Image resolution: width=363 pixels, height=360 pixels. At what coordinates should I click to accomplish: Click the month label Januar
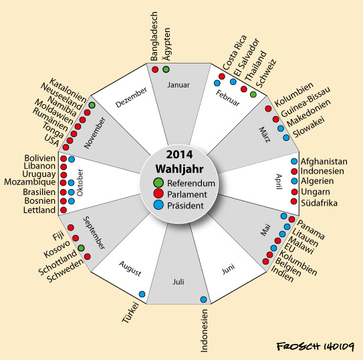tap(178, 85)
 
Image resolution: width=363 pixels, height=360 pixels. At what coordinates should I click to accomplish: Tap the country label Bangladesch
tap(154, 36)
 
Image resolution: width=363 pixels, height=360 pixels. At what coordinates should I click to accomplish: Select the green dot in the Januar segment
tap(166, 69)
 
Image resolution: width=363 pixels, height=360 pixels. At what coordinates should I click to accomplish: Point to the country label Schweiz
tap(266, 73)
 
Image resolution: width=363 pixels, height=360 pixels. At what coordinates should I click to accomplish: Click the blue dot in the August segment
tap(142, 294)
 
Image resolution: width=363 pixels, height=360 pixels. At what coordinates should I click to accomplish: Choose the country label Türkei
tap(130, 312)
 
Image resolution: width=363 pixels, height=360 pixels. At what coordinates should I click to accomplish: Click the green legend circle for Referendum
tap(158, 182)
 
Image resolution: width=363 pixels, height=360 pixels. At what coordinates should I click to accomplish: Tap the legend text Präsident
tap(185, 206)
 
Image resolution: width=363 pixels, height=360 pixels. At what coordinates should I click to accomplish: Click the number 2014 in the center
tap(179, 154)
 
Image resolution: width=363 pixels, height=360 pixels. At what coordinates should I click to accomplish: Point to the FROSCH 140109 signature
tap(316, 347)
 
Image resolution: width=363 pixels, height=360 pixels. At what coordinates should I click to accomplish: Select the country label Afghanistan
tap(324, 162)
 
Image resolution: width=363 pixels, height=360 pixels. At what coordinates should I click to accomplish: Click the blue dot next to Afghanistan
tap(294, 161)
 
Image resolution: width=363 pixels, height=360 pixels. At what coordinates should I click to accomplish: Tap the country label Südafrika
tap(319, 203)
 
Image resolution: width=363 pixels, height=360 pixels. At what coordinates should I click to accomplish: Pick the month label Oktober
tap(80, 182)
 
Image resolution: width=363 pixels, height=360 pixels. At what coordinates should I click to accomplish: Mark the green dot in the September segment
tap(81, 248)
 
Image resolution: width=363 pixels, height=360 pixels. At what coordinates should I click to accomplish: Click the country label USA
tap(52, 140)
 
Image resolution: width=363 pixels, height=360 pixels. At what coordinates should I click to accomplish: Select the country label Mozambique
tap(29, 182)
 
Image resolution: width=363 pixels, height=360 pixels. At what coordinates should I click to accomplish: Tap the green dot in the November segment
tap(92, 105)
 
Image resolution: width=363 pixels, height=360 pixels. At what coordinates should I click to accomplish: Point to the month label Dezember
tap(131, 98)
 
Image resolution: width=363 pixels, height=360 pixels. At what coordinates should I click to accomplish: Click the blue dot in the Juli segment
tap(203, 299)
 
